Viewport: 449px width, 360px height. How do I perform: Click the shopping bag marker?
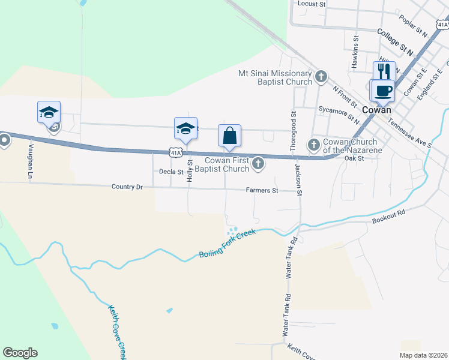(230, 136)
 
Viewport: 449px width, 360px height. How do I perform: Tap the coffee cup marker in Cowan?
(383, 91)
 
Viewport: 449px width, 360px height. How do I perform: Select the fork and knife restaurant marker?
(384, 72)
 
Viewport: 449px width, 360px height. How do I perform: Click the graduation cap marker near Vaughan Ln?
(49, 112)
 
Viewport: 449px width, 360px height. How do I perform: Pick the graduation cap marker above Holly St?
(186, 128)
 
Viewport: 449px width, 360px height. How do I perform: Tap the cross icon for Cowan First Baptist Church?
(258, 163)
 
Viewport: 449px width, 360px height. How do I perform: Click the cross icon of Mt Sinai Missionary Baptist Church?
(321, 76)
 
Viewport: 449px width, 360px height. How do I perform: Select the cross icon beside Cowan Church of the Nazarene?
(313, 145)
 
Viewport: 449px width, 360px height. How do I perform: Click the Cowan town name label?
(377, 110)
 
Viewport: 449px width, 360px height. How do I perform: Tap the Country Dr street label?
(127, 187)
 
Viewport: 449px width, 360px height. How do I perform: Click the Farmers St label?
(262, 191)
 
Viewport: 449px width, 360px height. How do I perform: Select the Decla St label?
(171, 172)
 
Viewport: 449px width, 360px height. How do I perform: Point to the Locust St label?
(312, 4)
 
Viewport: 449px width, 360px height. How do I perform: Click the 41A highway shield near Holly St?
(175, 153)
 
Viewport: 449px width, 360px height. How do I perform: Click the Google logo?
(20, 353)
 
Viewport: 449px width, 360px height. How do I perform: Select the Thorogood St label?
(294, 124)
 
